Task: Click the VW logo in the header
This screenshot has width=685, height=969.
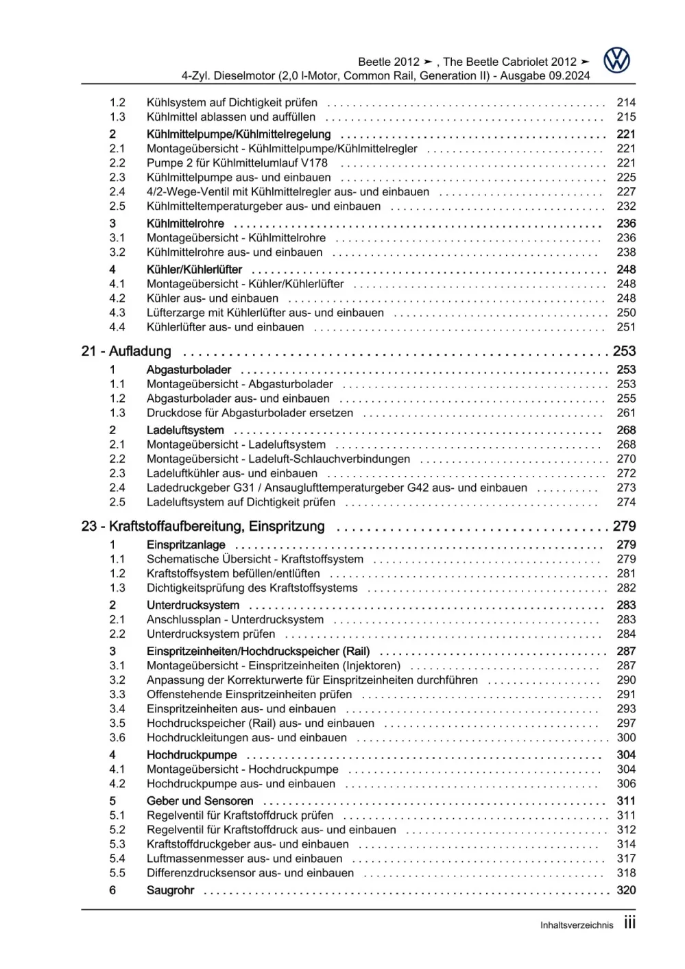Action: (616, 61)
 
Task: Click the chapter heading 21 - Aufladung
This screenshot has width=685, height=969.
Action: (126, 351)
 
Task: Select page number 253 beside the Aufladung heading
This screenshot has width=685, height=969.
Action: (624, 351)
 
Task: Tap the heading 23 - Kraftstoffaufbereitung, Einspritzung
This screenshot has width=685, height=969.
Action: (203, 526)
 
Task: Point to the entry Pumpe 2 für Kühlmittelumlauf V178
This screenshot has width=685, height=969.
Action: (237, 163)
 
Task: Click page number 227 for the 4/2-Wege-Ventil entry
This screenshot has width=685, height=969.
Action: (626, 192)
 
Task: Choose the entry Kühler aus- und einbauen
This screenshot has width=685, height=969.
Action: (213, 298)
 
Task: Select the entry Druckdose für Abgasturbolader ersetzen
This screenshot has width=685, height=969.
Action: (250, 413)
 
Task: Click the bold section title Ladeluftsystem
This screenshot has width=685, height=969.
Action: (185, 430)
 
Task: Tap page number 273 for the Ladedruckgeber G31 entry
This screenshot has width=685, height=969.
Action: (626, 488)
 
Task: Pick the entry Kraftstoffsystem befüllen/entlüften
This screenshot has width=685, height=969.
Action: (233, 573)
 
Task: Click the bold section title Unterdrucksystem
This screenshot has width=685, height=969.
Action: (193, 605)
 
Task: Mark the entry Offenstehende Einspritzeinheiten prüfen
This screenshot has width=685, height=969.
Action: (249, 694)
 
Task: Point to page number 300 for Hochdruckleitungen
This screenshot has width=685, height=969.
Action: (626, 738)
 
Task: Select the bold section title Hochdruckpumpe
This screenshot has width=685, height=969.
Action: (191, 755)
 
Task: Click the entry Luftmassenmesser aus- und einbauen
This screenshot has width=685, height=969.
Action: (244, 859)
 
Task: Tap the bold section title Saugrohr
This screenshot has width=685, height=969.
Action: (170, 890)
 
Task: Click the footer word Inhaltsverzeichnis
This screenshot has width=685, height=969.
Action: (577, 925)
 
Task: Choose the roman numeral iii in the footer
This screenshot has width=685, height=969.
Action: (629, 923)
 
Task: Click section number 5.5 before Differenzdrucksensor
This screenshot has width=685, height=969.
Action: (117, 873)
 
